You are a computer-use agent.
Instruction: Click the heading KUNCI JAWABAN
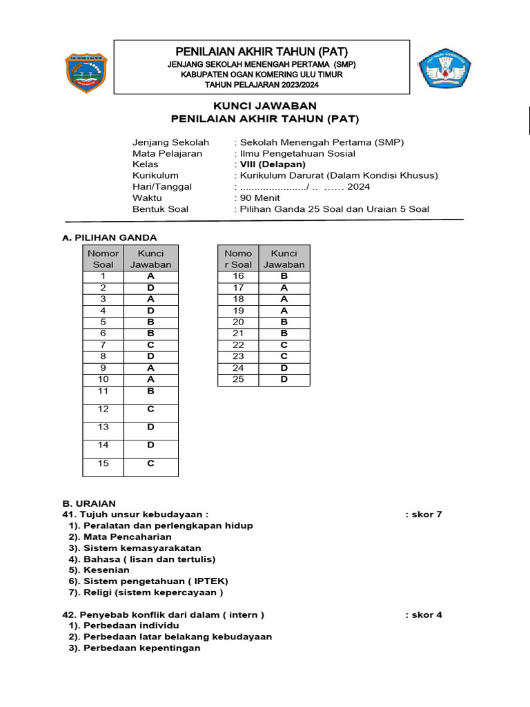pos(264,106)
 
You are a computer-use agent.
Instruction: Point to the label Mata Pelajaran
pos(167,153)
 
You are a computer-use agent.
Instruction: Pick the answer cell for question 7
pos(150,345)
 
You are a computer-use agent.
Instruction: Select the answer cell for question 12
pos(150,409)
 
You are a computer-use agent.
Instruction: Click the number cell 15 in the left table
pos(103,463)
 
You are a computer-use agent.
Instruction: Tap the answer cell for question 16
pos(284,275)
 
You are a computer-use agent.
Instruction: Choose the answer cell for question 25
pos(284,379)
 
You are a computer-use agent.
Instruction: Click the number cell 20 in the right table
pos(238,322)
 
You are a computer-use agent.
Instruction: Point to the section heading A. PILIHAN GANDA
pos(110,238)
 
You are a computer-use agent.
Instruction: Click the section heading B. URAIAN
pos(89,503)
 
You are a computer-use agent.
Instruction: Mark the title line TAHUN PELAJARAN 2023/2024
pos(262,85)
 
